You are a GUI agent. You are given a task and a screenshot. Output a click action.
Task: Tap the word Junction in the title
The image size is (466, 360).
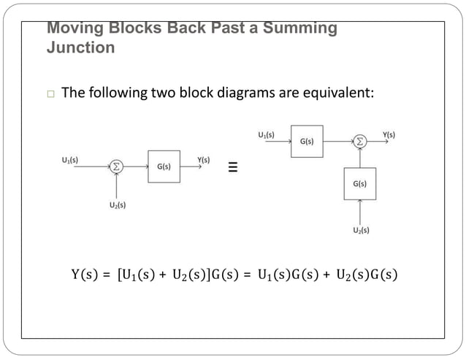click(80, 47)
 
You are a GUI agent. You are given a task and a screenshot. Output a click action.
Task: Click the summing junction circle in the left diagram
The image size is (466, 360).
click(116, 166)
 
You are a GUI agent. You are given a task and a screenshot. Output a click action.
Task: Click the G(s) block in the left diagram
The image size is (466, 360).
click(164, 166)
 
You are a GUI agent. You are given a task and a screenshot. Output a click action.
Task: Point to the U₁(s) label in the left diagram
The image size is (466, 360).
click(70, 160)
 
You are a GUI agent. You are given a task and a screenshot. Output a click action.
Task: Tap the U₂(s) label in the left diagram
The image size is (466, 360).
click(117, 205)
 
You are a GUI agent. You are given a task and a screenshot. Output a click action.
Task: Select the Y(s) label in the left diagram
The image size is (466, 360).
click(204, 160)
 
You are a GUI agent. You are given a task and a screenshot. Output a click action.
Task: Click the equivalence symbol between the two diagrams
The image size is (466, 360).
click(233, 168)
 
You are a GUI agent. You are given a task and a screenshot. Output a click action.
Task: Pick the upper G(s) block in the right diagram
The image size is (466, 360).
click(307, 141)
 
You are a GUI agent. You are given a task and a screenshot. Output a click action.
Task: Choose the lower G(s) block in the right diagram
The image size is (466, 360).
click(359, 184)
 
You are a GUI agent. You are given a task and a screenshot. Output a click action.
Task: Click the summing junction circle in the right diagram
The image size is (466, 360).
click(359, 142)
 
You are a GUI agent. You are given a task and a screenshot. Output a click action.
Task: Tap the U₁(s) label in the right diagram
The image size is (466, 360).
click(266, 134)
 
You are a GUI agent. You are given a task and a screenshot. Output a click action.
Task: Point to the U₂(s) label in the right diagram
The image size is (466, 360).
click(360, 230)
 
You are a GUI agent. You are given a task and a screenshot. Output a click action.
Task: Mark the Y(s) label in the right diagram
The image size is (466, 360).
click(389, 134)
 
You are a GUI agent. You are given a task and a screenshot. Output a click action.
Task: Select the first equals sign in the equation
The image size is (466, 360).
click(107, 275)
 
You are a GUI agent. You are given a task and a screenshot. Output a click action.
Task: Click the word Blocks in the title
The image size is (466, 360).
click(117, 28)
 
